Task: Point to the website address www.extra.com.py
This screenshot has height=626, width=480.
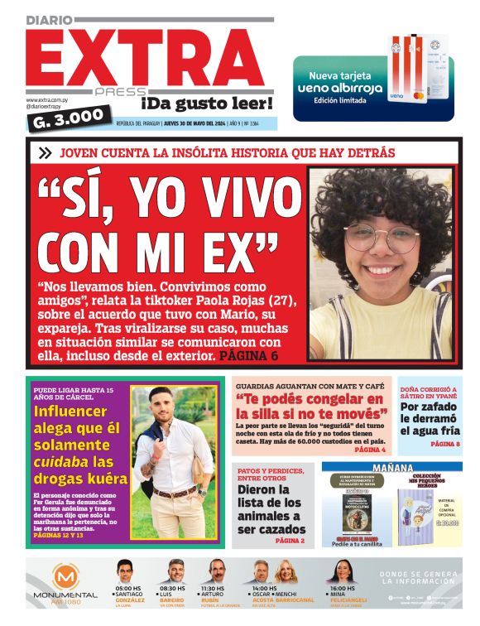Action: (49, 100)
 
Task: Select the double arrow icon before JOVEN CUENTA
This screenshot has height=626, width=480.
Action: (45, 152)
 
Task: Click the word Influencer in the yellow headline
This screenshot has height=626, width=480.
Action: (70, 412)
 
